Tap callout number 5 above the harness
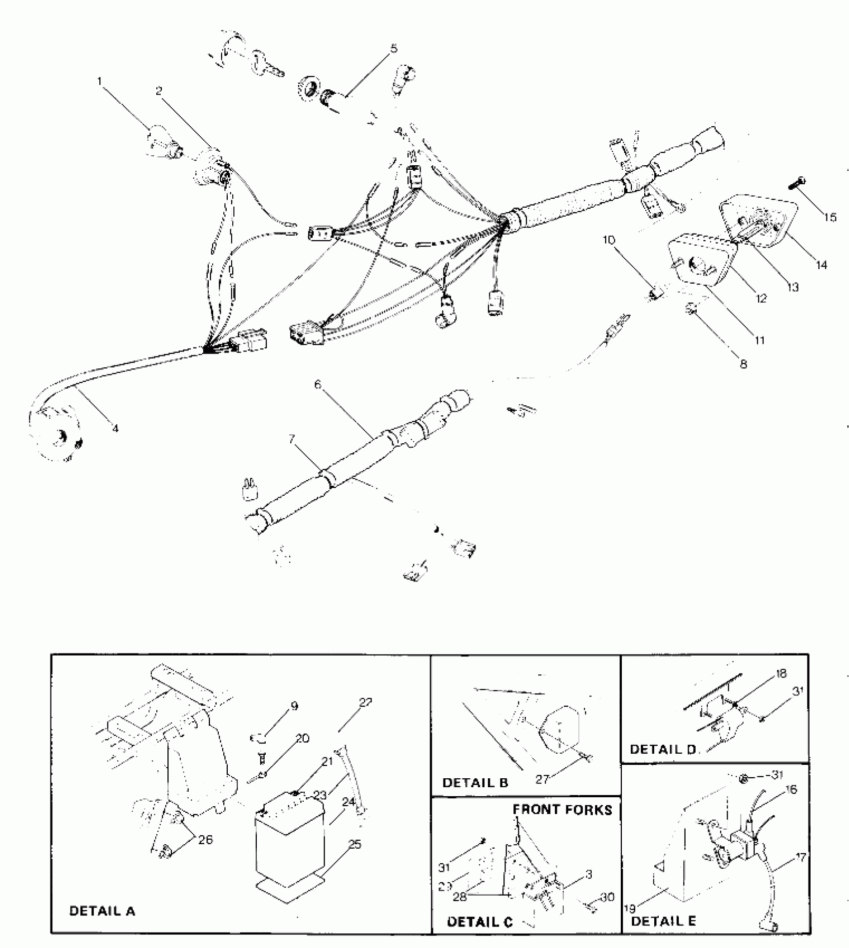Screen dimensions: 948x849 click(394, 48)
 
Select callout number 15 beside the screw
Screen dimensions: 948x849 click(830, 217)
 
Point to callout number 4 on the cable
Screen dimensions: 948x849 click(115, 428)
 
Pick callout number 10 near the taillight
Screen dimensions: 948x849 click(609, 240)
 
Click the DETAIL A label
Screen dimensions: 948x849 click(102, 911)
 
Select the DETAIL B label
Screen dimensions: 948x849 click(475, 782)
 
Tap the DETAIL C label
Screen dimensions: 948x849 click(479, 922)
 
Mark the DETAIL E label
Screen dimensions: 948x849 click(663, 921)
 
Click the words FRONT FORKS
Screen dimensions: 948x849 click(562, 809)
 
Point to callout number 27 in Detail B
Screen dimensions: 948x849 click(542, 778)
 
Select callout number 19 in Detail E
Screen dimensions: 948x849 click(630, 909)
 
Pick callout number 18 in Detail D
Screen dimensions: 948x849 click(782, 673)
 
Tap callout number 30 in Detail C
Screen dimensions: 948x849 click(607, 897)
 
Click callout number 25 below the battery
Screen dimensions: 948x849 click(355, 844)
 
